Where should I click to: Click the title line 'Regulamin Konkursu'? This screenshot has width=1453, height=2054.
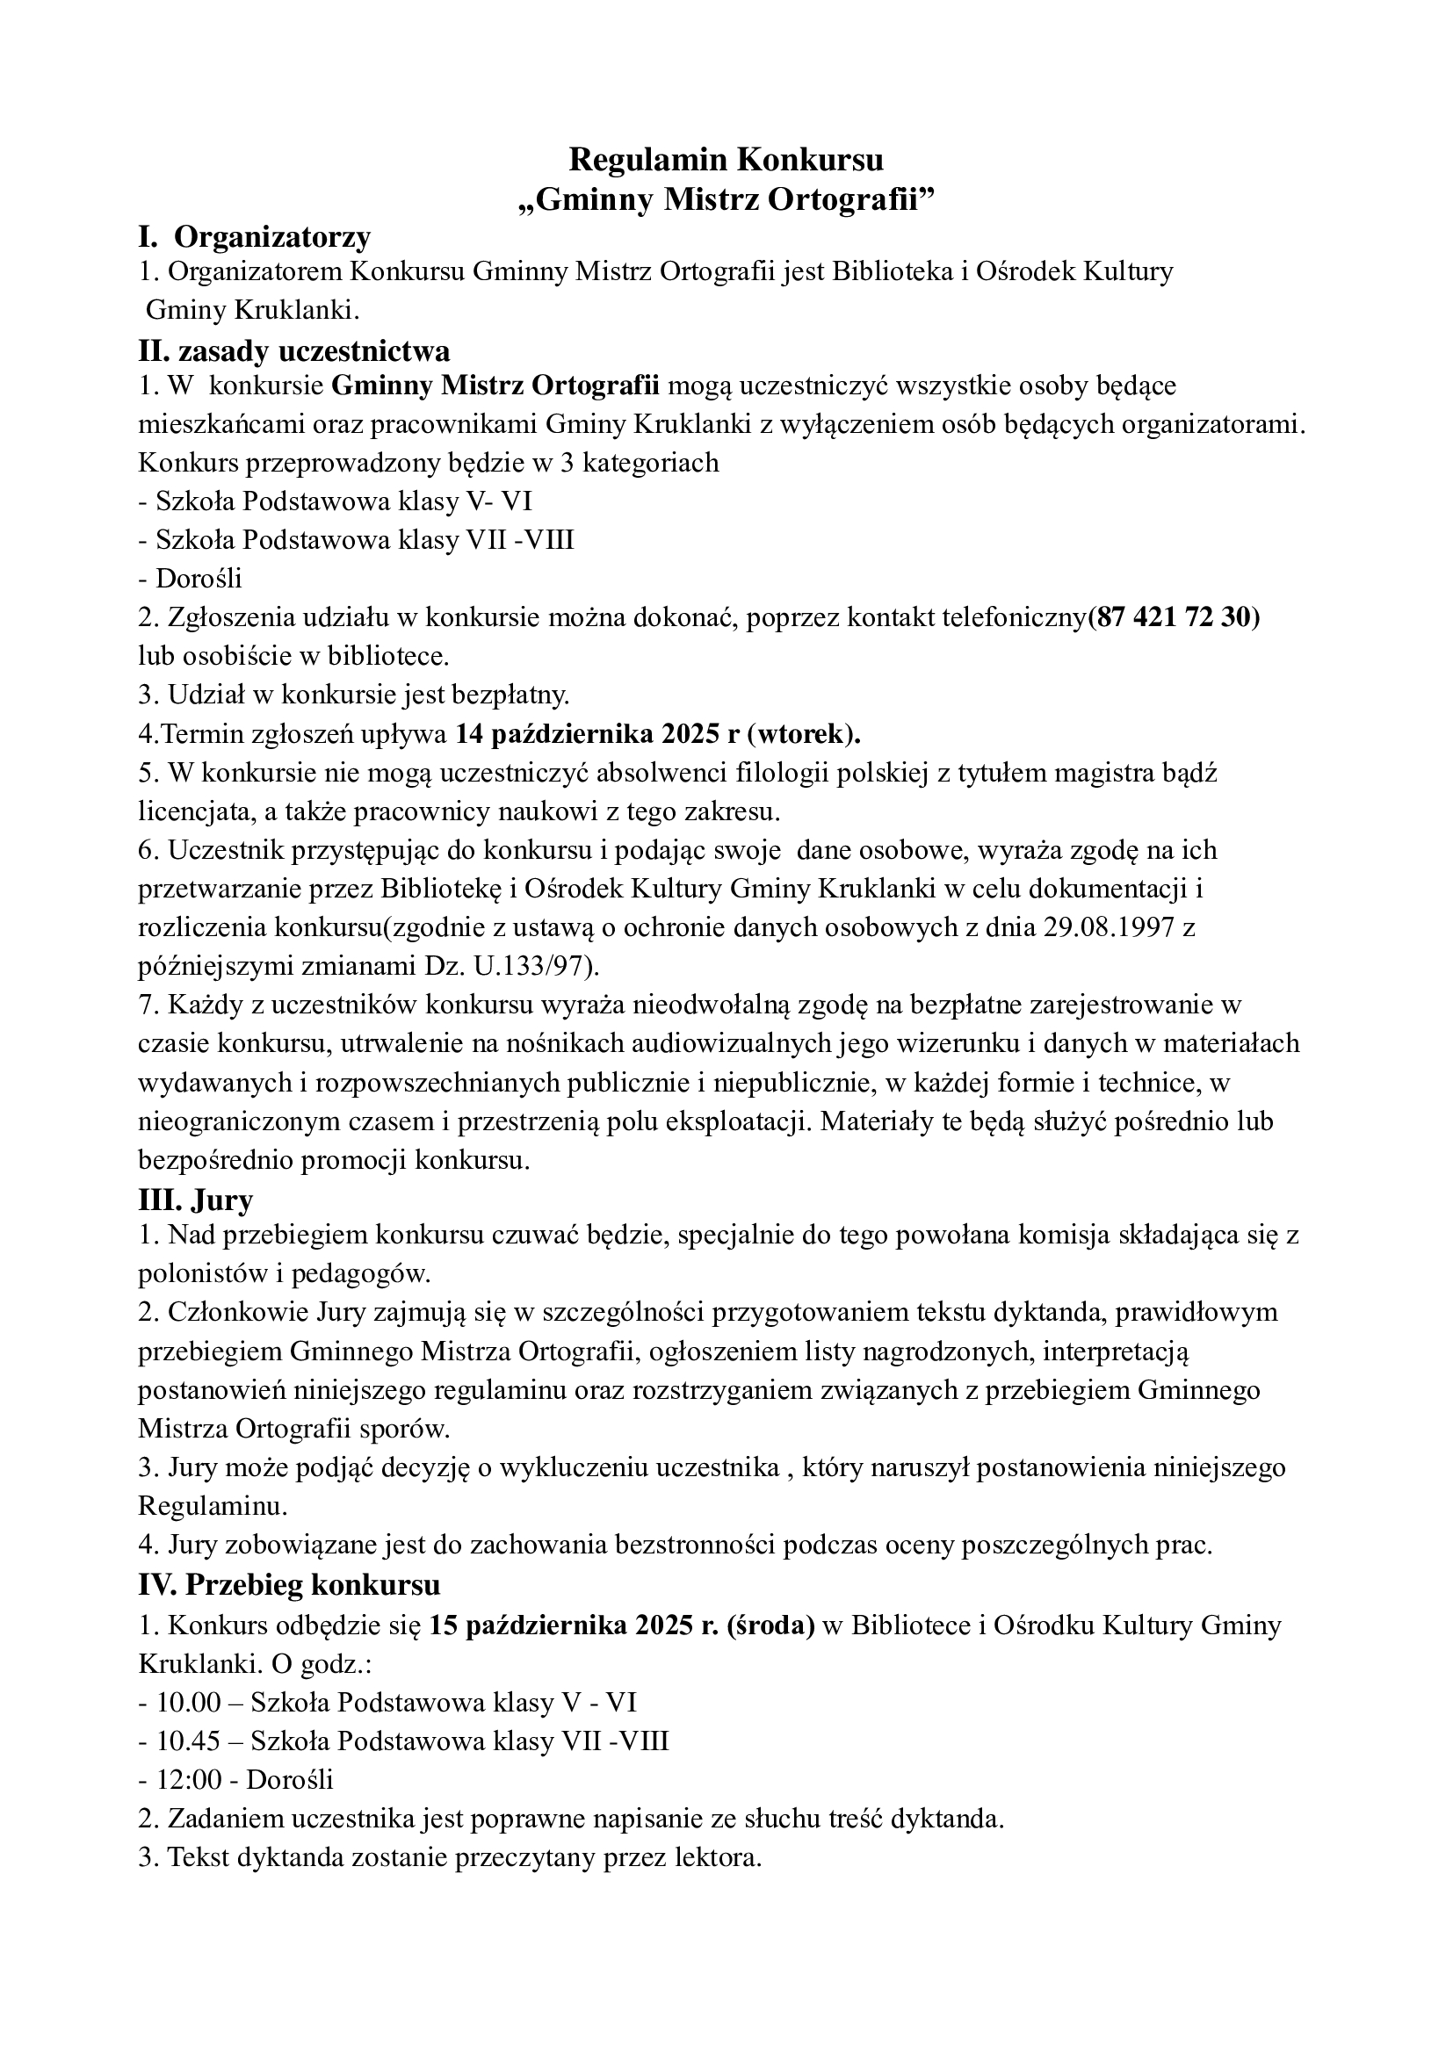pos(726,160)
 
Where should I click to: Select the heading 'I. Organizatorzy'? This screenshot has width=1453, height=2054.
pos(254,237)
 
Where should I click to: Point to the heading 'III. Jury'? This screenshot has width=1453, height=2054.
pos(196,1199)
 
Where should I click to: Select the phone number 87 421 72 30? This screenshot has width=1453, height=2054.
pos(1173,618)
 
